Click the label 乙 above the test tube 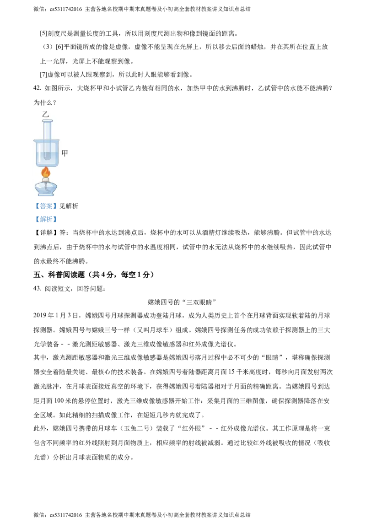coord(45,114)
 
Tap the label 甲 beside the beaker coord(65,153)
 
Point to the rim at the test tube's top coord(47,121)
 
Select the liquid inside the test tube coord(47,155)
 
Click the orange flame coord(46,173)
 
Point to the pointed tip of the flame coord(45,167)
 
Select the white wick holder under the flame coord(46,180)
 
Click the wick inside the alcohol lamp coord(46,188)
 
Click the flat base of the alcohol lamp coord(46,195)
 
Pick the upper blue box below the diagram coord(46,207)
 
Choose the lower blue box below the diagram coord(46,220)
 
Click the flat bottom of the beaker coord(47,166)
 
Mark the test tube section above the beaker coord(47,130)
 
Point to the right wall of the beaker coord(58,153)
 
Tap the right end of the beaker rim coord(59,140)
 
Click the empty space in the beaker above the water coord(54,146)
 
